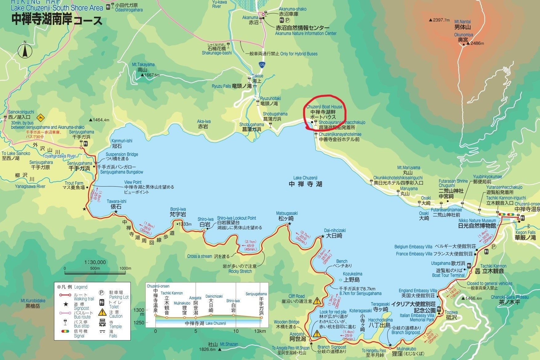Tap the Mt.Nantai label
tap(462, 22)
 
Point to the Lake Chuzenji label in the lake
tap(305, 178)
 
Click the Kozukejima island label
tap(353, 274)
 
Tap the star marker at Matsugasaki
tap(289, 224)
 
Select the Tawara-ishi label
tap(116, 201)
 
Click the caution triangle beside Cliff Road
tap(317, 301)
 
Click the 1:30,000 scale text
tap(95, 262)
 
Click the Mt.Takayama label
tap(143, 65)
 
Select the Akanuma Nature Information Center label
tap(306, 33)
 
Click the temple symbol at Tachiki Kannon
tap(478, 271)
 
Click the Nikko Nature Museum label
tap(477, 220)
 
